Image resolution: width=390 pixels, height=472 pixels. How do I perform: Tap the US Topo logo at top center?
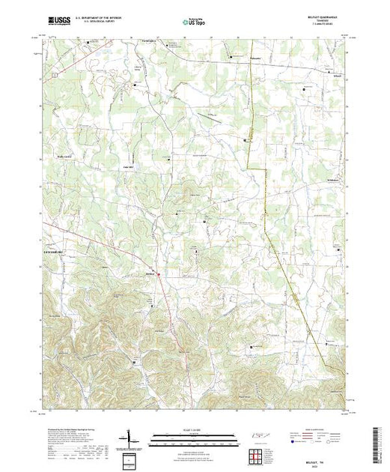(x=195, y=20)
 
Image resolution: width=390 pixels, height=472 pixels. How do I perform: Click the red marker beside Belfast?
(x=158, y=274)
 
